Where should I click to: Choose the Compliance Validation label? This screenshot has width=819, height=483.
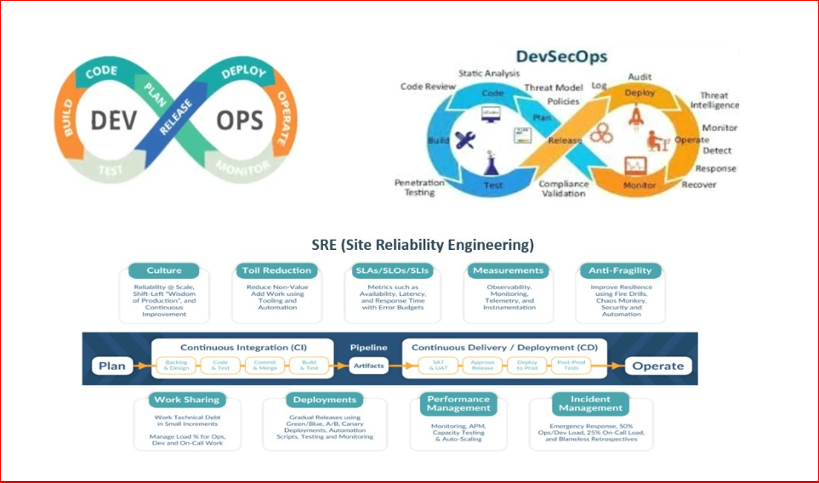tap(564, 188)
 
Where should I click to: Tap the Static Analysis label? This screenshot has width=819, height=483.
tap(489, 75)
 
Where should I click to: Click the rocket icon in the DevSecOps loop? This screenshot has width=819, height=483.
tap(634, 117)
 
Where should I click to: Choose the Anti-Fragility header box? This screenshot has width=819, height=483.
tap(619, 270)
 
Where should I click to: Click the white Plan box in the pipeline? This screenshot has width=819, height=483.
tap(111, 367)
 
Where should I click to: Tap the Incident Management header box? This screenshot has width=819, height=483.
tap(589, 404)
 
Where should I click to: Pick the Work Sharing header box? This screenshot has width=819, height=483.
tap(186, 399)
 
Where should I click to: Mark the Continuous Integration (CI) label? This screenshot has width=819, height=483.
tap(243, 347)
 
